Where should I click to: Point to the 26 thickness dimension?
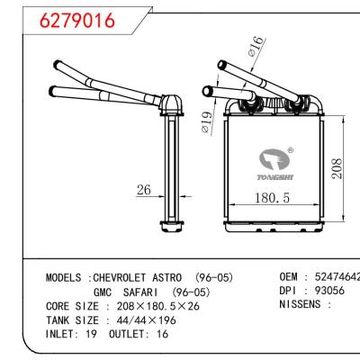click(x=144, y=190)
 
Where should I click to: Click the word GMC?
click(x=104, y=292)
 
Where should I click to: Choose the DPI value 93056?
click(x=327, y=292)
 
